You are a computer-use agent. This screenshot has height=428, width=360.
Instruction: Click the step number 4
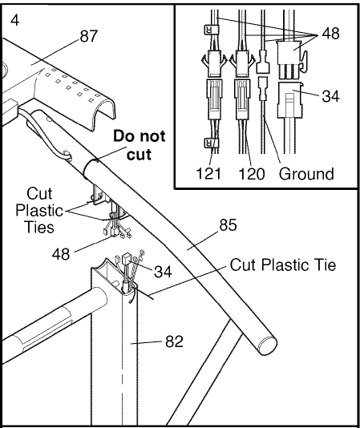click(x=15, y=20)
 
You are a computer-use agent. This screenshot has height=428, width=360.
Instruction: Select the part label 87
click(x=89, y=36)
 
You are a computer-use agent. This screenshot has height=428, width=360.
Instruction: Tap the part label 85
click(x=228, y=225)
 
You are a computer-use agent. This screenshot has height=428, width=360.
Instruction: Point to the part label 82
click(x=174, y=341)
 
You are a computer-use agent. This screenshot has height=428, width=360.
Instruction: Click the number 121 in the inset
click(x=208, y=173)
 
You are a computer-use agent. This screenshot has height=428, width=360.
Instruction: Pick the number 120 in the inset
click(x=252, y=174)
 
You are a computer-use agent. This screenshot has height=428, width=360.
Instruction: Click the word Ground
click(x=306, y=174)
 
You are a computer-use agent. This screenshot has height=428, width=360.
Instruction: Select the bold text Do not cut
click(x=140, y=145)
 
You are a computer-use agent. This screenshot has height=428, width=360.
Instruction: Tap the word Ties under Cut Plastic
click(x=39, y=227)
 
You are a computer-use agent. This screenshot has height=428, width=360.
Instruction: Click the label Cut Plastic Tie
click(x=283, y=264)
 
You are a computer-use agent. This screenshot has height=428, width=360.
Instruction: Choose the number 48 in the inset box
click(x=330, y=34)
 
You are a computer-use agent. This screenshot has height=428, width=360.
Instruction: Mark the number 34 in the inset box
click(x=330, y=96)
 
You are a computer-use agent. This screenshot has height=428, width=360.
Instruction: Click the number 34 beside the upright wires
click(x=163, y=272)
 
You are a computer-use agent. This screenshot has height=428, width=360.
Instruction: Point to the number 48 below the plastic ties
click(x=61, y=254)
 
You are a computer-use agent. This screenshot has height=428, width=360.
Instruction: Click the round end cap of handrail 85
click(x=268, y=345)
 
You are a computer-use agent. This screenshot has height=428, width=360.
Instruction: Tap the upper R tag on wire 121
click(x=208, y=29)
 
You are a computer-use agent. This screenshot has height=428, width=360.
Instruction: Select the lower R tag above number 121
click(x=209, y=143)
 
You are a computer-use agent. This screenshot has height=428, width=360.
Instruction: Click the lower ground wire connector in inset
click(x=263, y=88)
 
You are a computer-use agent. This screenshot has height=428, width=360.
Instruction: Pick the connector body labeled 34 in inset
click(x=289, y=100)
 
